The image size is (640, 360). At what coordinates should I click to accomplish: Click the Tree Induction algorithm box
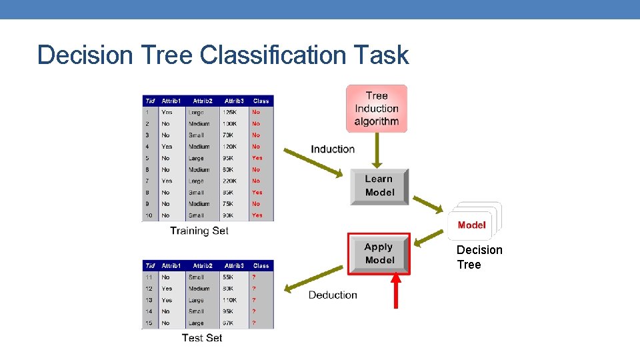click(377, 109)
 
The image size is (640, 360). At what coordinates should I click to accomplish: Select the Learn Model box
click(379, 186)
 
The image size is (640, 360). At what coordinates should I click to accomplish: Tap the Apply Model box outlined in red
click(379, 253)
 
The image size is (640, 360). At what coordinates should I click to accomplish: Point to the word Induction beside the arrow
click(333, 149)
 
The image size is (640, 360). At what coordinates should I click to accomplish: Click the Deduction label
click(333, 295)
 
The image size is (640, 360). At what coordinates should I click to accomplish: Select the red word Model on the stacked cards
click(472, 225)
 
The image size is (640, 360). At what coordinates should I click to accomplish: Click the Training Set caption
click(199, 231)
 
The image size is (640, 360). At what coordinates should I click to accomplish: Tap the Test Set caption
click(202, 338)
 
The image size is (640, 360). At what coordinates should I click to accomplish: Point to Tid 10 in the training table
click(148, 215)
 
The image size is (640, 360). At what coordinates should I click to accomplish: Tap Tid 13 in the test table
click(149, 300)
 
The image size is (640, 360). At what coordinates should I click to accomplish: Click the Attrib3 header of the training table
click(234, 101)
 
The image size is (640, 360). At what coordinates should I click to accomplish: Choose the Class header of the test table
click(261, 265)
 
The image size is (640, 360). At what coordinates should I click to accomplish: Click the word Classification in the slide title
click(274, 55)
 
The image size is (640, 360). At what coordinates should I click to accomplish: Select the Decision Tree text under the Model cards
click(479, 257)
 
